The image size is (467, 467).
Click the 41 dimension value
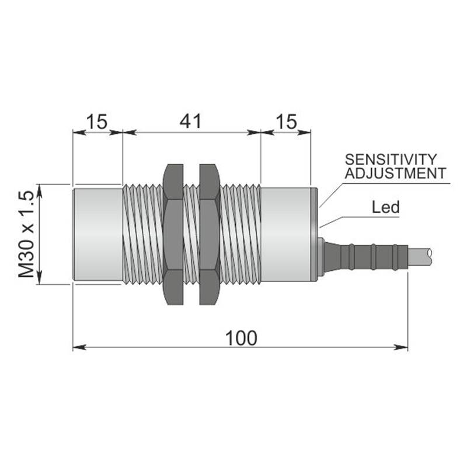point(191,121)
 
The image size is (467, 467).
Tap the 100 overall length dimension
point(241,338)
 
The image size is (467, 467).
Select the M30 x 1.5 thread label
point(26,235)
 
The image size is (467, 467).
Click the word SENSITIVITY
point(391,159)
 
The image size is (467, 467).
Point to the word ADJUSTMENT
point(396,173)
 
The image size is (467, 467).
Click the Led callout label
point(386,207)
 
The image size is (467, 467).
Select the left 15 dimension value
point(97,121)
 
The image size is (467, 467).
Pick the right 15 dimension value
point(287,121)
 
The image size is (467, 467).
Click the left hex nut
point(173,235)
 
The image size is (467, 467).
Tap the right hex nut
point(210,235)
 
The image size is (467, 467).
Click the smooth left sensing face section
point(97,235)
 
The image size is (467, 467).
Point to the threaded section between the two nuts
point(191,235)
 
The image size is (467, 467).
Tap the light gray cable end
point(419,257)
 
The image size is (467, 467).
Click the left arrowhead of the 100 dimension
point(79,347)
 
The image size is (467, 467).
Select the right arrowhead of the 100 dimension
point(401,347)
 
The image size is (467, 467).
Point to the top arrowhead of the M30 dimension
point(39,191)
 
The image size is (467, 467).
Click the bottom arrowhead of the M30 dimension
point(39,278)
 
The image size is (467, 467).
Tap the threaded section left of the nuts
point(143,235)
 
